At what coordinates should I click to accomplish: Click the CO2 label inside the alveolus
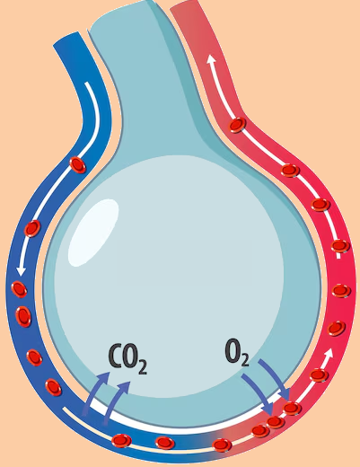click(x=127, y=358)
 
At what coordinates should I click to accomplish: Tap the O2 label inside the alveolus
click(x=237, y=352)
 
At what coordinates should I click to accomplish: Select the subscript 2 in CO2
click(x=143, y=367)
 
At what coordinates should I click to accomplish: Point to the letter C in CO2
click(x=115, y=356)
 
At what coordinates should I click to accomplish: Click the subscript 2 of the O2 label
click(x=244, y=360)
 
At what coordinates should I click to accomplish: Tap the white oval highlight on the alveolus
click(x=93, y=233)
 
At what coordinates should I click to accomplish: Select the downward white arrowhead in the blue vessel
click(x=21, y=270)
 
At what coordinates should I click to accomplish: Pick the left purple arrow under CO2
click(x=95, y=392)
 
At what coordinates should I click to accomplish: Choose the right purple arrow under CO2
click(x=116, y=401)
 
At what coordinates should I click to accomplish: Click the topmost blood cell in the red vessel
click(x=238, y=125)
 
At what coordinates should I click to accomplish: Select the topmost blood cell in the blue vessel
click(x=77, y=165)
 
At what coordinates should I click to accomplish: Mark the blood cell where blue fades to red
click(x=222, y=445)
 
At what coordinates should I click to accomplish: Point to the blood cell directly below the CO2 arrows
click(x=121, y=441)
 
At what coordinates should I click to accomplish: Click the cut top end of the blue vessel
click(x=68, y=40)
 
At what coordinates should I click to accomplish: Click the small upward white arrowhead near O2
click(x=329, y=353)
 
